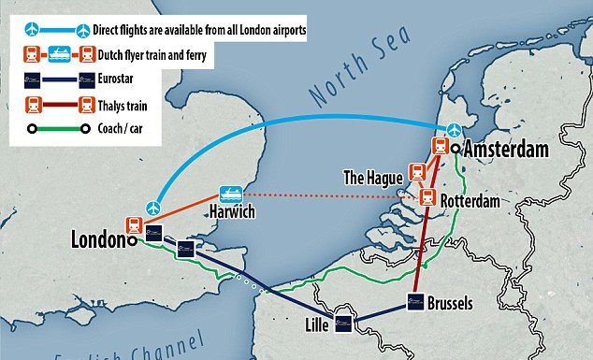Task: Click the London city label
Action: pyautogui.click(x=98, y=240)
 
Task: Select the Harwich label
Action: pyautogui.click(x=229, y=212)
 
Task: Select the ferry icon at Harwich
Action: pyautogui.click(x=230, y=193)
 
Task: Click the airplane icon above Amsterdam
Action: pyautogui.click(x=453, y=129)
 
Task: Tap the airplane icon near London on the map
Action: pyautogui.click(x=155, y=206)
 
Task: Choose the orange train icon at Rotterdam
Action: pyautogui.click(x=427, y=197)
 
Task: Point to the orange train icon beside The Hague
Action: pyautogui.click(x=417, y=172)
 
